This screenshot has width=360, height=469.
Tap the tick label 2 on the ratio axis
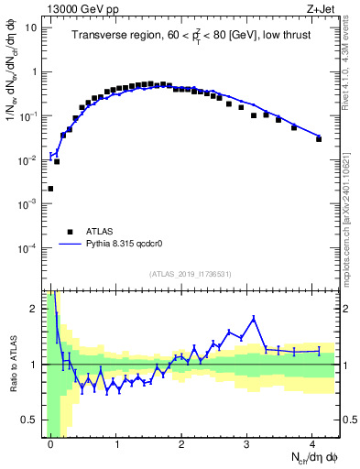point(35,309)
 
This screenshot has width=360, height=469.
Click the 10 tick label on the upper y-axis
point(30,27)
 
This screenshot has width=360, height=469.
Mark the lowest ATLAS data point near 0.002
point(50,189)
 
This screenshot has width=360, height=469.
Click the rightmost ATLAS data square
point(319,138)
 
